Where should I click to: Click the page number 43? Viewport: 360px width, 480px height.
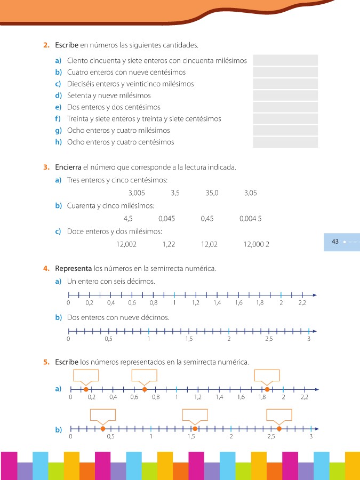[x=335, y=242]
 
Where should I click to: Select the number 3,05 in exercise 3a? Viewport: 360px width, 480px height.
[x=250, y=193]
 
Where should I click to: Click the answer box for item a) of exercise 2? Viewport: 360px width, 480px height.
[x=285, y=60]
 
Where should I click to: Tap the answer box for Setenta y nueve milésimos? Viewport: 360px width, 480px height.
[x=285, y=95]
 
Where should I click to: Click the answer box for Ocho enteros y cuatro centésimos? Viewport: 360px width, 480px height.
[x=285, y=142]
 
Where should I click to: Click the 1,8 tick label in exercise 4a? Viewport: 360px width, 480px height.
[x=260, y=303]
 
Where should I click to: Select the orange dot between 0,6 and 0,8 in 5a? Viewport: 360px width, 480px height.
[x=145, y=389]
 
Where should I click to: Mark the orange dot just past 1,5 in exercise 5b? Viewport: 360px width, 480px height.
[x=195, y=428]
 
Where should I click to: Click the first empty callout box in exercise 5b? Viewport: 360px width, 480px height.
[x=102, y=414]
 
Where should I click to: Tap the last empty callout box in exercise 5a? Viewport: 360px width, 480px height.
[x=267, y=375]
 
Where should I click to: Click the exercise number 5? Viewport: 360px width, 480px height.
[x=46, y=362]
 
